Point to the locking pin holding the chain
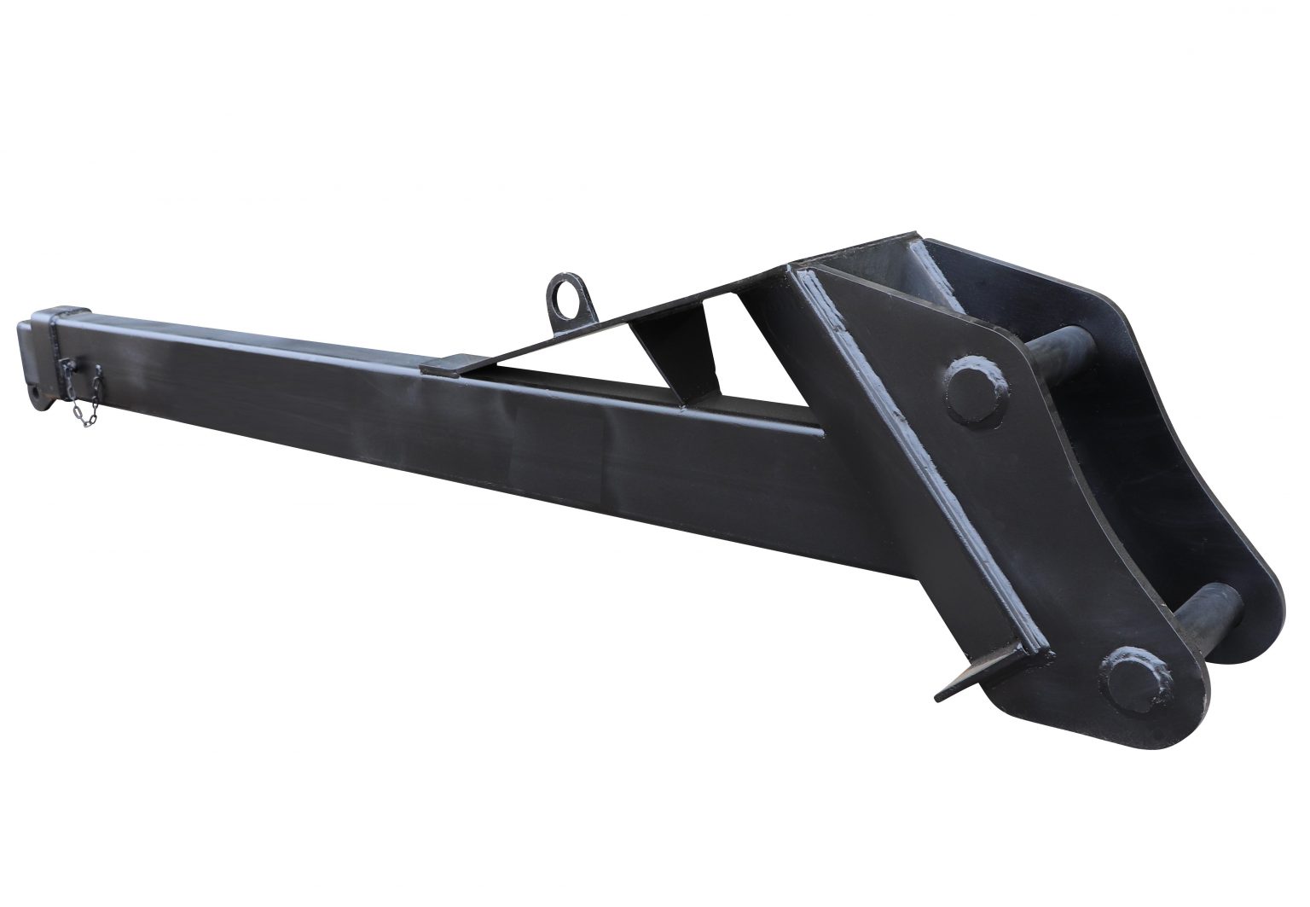67,368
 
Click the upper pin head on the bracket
972,387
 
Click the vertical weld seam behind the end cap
53,358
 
